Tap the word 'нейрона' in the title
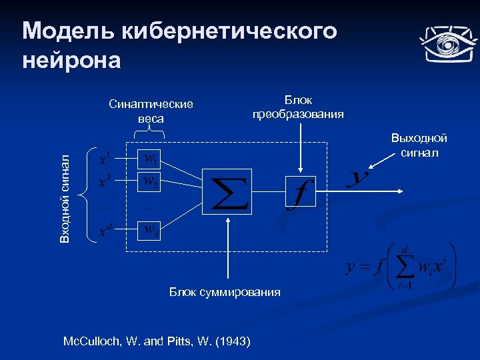pyautogui.click(x=71, y=60)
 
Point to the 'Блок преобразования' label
pyautogui.click(x=298, y=107)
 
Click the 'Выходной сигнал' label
pyautogui.click(x=419, y=145)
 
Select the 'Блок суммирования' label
pyautogui.click(x=225, y=292)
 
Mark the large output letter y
pyautogui.click(x=359, y=178)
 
